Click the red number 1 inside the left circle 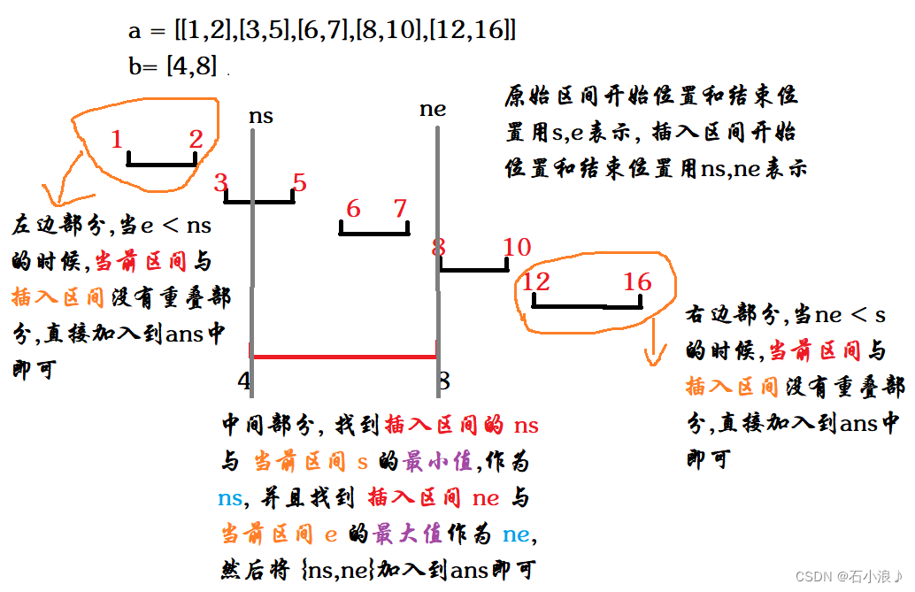click(x=117, y=140)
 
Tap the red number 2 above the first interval click(x=196, y=139)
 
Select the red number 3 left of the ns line click(x=220, y=183)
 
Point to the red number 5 click(x=299, y=183)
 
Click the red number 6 click(x=353, y=210)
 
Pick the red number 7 click(x=400, y=210)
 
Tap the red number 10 click(x=517, y=247)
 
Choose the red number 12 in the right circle click(x=536, y=283)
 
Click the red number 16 click(x=637, y=283)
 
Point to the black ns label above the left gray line click(x=260, y=116)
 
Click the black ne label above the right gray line click(x=433, y=110)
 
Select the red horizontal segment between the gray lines click(x=345, y=357)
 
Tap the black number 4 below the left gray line click(x=244, y=381)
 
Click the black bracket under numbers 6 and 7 click(x=374, y=232)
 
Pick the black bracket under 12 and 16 click(x=587, y=305)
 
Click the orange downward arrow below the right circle click(x=655, y=350)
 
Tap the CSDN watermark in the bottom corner click(x=848, y=576)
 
